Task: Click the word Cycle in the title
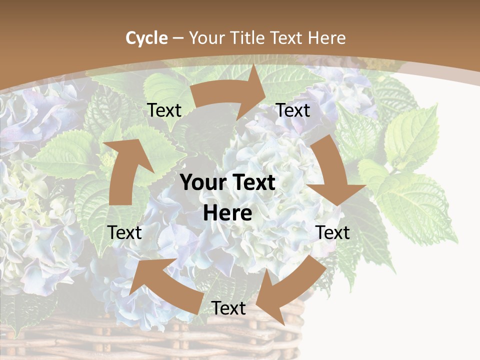tap(146, 38)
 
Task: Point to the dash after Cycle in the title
tap(177, 38)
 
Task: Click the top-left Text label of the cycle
tap(164, 110)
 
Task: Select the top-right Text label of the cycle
tap(293, 110)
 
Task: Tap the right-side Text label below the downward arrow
tap(333, 232)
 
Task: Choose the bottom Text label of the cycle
tap(228, 308)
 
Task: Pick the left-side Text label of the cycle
tap(125, 232)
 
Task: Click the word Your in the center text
tap(202, 183)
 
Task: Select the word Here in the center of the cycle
tap(227, 213)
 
